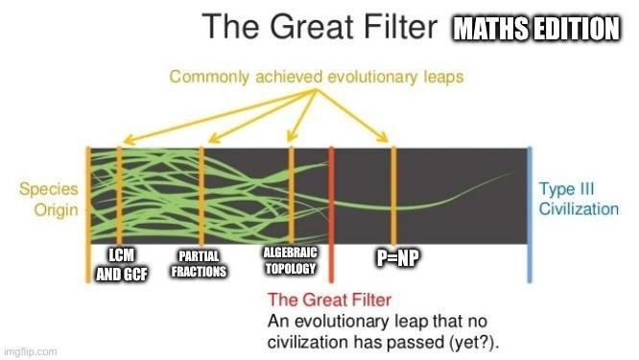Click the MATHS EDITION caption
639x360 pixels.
(x=535, y=30)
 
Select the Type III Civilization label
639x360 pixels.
(x=578, y=199)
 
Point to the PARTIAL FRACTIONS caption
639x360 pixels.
(x=199, y=264)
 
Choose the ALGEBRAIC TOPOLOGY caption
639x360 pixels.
(x=290, y=259)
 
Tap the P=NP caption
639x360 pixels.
(x=395, y=258)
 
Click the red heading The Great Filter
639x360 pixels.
(x=324, y=299)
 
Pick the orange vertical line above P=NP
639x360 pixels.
(x=393, y=192)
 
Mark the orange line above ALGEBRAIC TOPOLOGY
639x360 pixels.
(x=291, y=192)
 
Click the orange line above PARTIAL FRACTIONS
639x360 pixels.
(x=201, y=192)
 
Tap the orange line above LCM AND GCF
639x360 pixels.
(x=119, y=192)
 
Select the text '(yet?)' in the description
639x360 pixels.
(x=467, y=340)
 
